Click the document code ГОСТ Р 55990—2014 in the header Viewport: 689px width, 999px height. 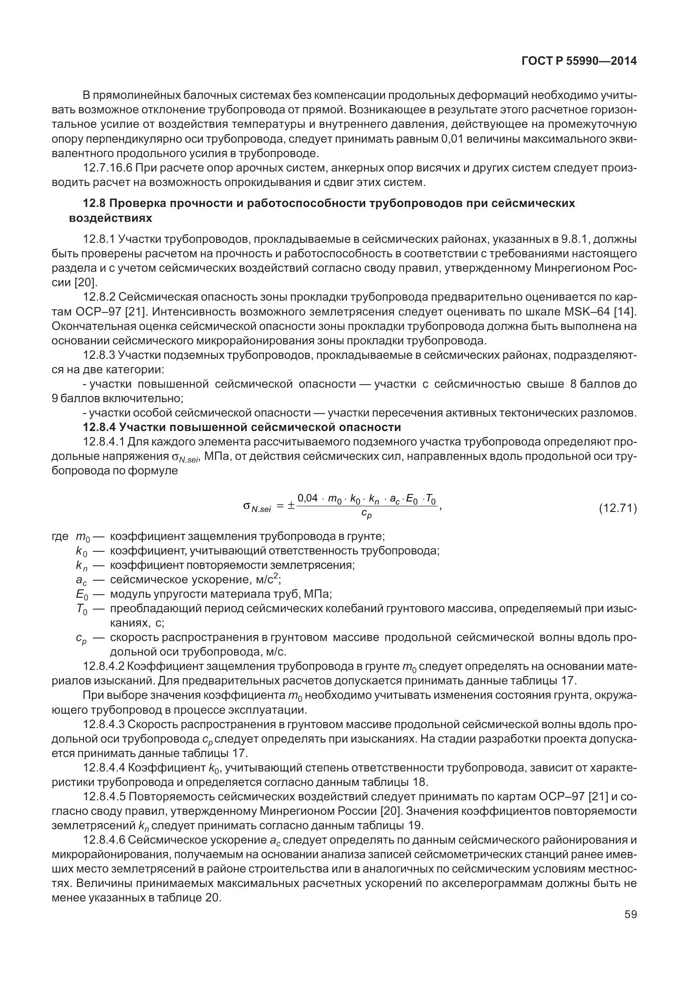579,61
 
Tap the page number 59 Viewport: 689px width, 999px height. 630,914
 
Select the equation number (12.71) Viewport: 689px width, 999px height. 617,508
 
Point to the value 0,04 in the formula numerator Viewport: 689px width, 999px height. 307,499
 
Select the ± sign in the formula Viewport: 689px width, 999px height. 290,506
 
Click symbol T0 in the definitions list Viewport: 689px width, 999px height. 82,609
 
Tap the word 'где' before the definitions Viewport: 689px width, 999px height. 60,536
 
